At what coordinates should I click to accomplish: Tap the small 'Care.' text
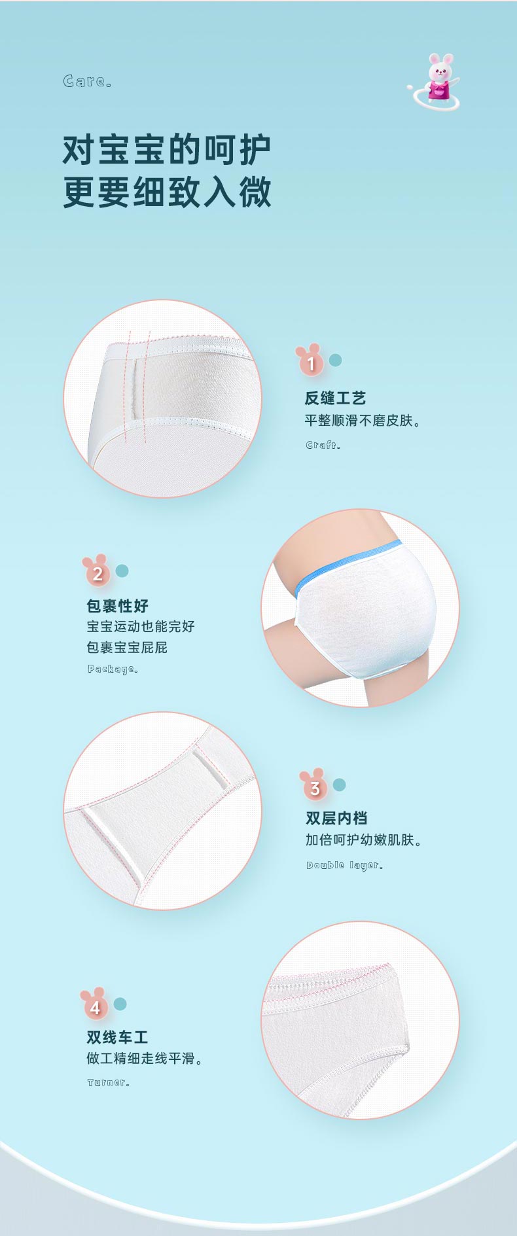[88, 81]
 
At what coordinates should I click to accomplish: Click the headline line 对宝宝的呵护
[167, 150]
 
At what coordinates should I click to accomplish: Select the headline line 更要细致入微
[167, 192]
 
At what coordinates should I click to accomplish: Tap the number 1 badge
[310, 361]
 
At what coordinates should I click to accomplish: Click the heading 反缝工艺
[335, 398]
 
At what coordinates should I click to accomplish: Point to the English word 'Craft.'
[323, 445]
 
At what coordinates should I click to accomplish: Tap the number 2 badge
[97, 572]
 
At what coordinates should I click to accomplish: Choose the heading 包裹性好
[118, 605]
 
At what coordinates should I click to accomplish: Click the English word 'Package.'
[113, 669]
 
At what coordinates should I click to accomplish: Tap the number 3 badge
[314, 786]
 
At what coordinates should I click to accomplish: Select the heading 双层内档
[336, 818]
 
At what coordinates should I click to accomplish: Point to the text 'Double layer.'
[345, 865]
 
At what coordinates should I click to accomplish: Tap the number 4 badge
[95, 1005]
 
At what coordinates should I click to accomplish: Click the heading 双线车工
[118, 1037]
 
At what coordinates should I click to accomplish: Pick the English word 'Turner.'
[109, 1082]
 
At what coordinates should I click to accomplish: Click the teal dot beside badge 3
[339, 785]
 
